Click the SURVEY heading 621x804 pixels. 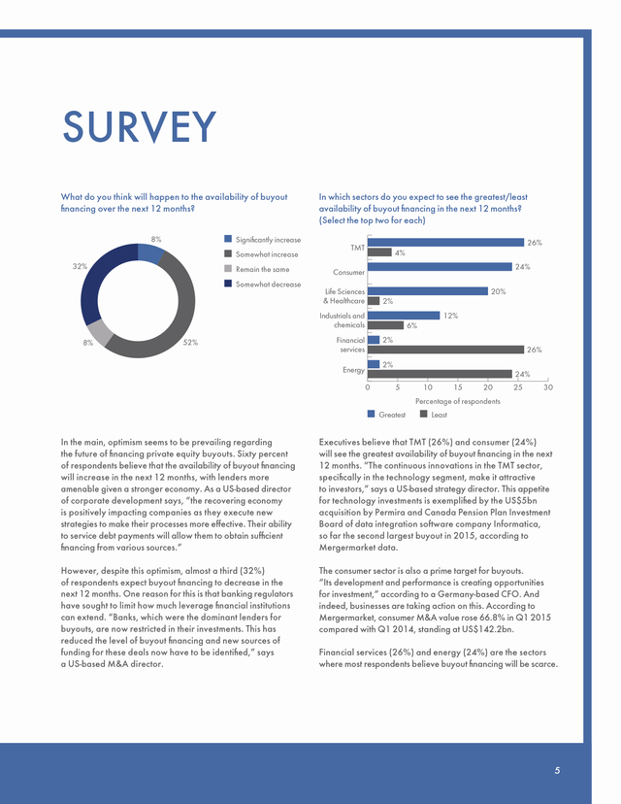tap(140, 126)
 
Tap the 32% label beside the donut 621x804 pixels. tap(80, 266)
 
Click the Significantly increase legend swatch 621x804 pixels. tap(228, 239)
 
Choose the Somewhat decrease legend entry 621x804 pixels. tap(262, 285)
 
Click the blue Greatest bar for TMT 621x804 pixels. tap(445, 243)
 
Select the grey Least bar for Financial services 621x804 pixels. tap(445, 350)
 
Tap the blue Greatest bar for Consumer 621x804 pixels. tap(440, 267)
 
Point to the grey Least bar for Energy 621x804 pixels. tap(440, 374)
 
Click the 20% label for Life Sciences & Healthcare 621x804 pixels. tap(498, 291)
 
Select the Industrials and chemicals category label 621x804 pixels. tap(343, 320)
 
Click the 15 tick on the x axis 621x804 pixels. tap(458, 387)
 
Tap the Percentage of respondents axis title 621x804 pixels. tap(458, 401)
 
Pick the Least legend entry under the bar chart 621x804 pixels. tap(434, 415)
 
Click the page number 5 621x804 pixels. tap(557, 770)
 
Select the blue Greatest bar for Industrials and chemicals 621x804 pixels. tap(404, 316)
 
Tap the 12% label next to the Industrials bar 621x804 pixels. tap(450, 316)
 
